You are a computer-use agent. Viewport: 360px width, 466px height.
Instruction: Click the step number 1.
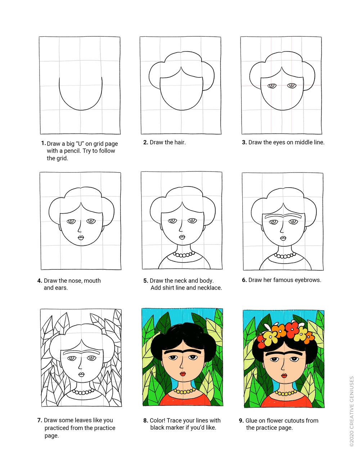click(x=43, y=143)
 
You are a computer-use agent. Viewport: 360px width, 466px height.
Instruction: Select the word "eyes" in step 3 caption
click(x=279, y=142)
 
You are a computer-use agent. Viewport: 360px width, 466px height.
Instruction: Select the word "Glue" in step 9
click(x=253, y=420)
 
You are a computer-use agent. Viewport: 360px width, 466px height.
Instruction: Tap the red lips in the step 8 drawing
click(x=183, y=374)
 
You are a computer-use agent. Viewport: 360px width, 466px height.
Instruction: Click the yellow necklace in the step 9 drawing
click(x=286, y=393)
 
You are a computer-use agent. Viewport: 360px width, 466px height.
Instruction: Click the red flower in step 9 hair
click(x=292, y=328)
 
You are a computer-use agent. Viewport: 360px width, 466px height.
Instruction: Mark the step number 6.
click(x=244, y=280)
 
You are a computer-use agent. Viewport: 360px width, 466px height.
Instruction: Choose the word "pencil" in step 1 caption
click(x=73, y=151)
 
